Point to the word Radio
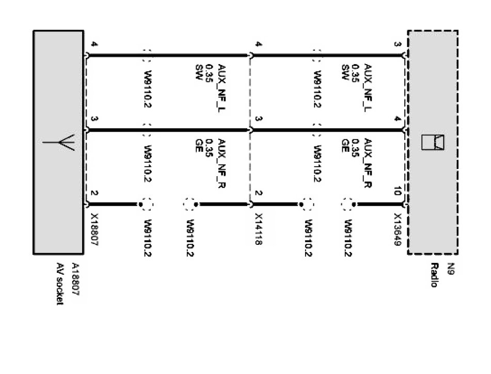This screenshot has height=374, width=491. [x=434, y=275]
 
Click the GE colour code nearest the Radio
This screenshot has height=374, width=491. [x=343, y=143]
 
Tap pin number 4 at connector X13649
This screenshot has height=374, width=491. [x=397, y=120]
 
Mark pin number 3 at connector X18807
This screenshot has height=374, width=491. [x=93, y=120]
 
